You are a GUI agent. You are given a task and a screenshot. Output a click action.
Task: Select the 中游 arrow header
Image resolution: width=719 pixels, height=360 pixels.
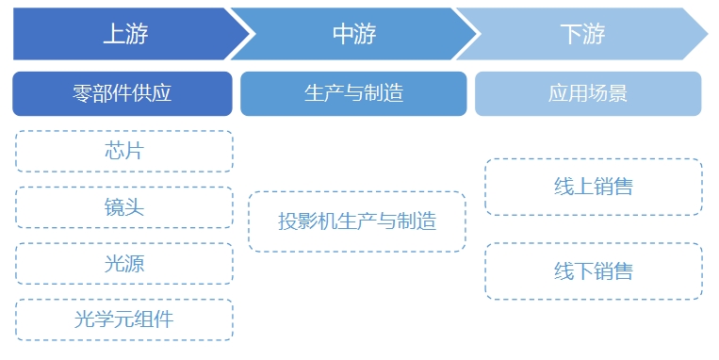(354, 35)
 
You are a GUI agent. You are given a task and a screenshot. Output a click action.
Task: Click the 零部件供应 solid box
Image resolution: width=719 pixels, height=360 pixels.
(123, 93)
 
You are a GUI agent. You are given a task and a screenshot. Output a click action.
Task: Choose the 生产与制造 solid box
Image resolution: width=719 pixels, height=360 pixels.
(353, 93)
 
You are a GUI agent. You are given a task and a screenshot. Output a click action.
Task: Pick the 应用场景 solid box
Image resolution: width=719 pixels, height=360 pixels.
(588, 93)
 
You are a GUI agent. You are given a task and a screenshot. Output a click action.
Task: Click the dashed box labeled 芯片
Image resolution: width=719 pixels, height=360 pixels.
(124, 151)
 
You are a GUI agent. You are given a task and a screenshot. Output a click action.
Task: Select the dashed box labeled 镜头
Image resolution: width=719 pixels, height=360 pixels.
(124, 207)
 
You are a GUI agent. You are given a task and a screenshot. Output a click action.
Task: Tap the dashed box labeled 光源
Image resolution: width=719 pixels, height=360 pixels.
(124, 263)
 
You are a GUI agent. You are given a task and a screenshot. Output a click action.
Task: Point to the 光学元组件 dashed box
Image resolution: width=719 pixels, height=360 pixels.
(124, 319)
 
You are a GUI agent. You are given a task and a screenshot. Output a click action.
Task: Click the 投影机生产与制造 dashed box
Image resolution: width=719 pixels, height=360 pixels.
(357, 221)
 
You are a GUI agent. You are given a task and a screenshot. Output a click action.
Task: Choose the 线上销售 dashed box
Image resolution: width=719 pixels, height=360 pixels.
(594, 187)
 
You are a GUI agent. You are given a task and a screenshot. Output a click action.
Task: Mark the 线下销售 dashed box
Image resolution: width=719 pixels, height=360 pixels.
(594, 271)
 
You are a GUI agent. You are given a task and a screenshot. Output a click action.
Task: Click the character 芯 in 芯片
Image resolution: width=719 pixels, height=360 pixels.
(114, 151)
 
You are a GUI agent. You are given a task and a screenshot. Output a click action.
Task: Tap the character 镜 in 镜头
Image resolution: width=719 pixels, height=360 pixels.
(114, 207)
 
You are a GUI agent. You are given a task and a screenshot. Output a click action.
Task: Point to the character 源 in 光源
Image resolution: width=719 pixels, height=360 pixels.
(135, 263)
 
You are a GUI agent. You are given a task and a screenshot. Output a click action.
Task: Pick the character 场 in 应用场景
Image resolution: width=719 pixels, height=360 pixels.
(598, 93)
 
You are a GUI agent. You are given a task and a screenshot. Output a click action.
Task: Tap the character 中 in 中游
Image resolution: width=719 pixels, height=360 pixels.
(343, 35)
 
